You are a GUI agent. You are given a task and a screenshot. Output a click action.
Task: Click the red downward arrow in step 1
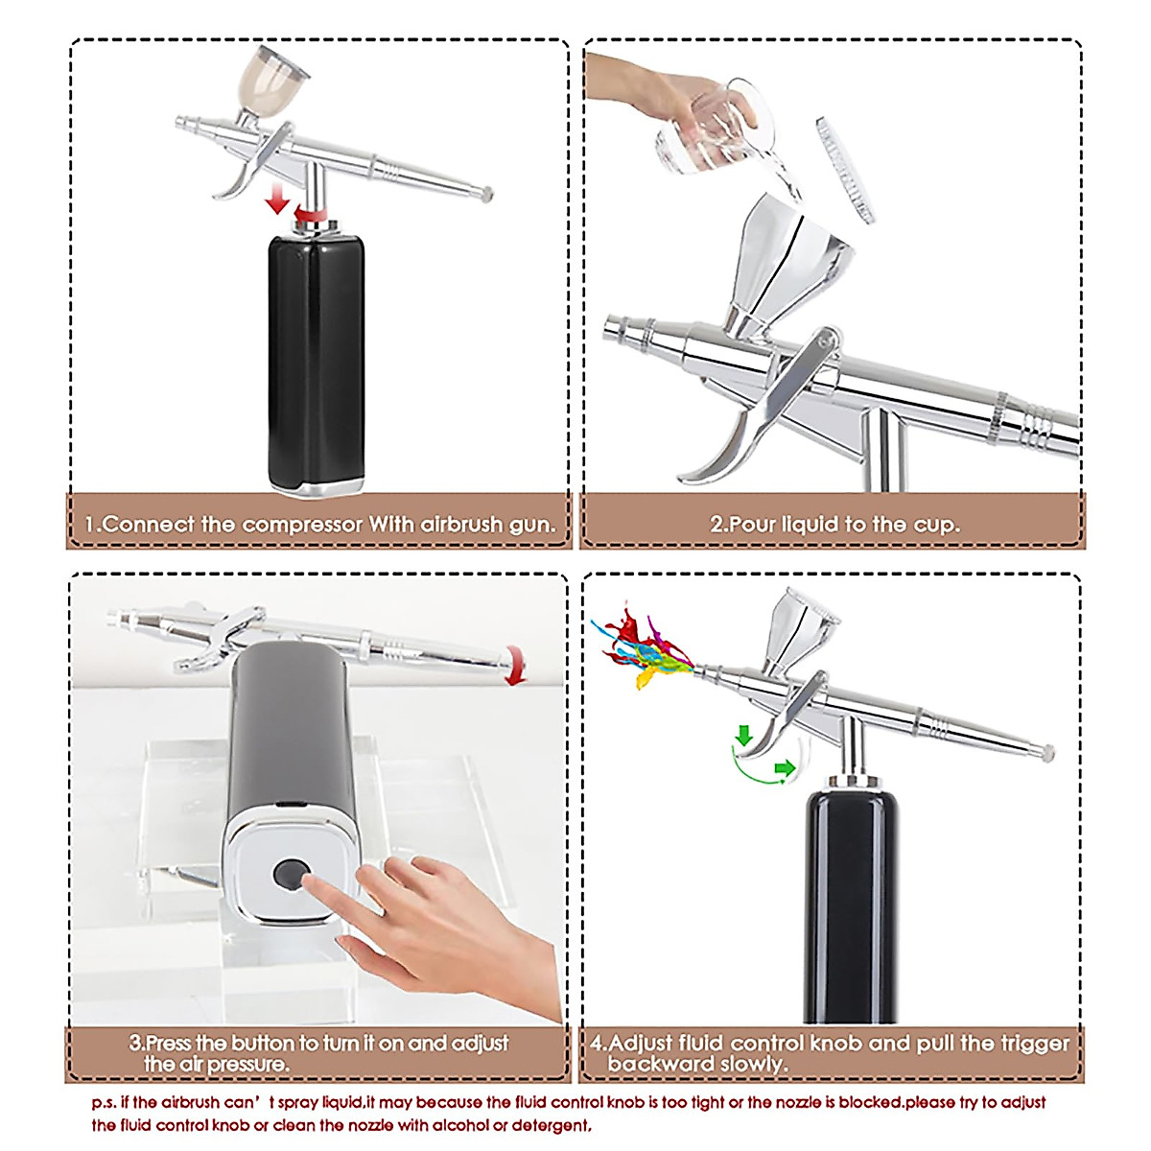pyautogui.click(x=277, y=200)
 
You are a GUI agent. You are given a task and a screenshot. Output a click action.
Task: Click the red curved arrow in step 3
pyautogui.click(x=516, y=665)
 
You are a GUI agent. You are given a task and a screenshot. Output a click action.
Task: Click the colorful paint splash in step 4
pyautogui.click(x=641, y=646)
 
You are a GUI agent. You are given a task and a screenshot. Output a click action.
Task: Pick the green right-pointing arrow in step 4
pyautogui.click(x=785, y=767)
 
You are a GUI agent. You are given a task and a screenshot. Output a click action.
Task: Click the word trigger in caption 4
pyautogui.click(x=1027, y=1044)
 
